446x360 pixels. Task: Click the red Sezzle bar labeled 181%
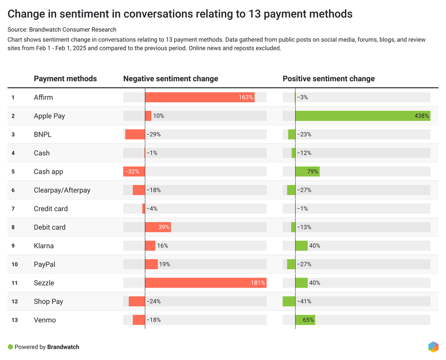206,283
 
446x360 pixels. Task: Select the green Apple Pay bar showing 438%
363,116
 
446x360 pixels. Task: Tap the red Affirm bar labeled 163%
199,97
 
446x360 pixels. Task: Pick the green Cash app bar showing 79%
307,172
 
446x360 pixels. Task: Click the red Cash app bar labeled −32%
134,172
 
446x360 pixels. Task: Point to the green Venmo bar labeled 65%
305,320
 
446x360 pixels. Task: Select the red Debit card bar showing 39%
158,227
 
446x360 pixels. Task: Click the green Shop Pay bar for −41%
289,301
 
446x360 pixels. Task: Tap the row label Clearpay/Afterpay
62,190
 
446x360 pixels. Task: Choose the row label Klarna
44,246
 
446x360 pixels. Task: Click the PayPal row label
45,265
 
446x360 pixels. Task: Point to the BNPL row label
43,134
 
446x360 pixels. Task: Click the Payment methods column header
65,78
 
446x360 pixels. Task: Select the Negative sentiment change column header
171,78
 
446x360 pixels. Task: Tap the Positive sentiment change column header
328,78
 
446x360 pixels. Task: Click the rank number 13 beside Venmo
15,320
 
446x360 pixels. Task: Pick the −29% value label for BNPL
154,134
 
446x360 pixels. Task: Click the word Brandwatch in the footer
63,347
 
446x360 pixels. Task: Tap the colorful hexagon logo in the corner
433,346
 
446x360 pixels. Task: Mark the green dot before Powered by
10,347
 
